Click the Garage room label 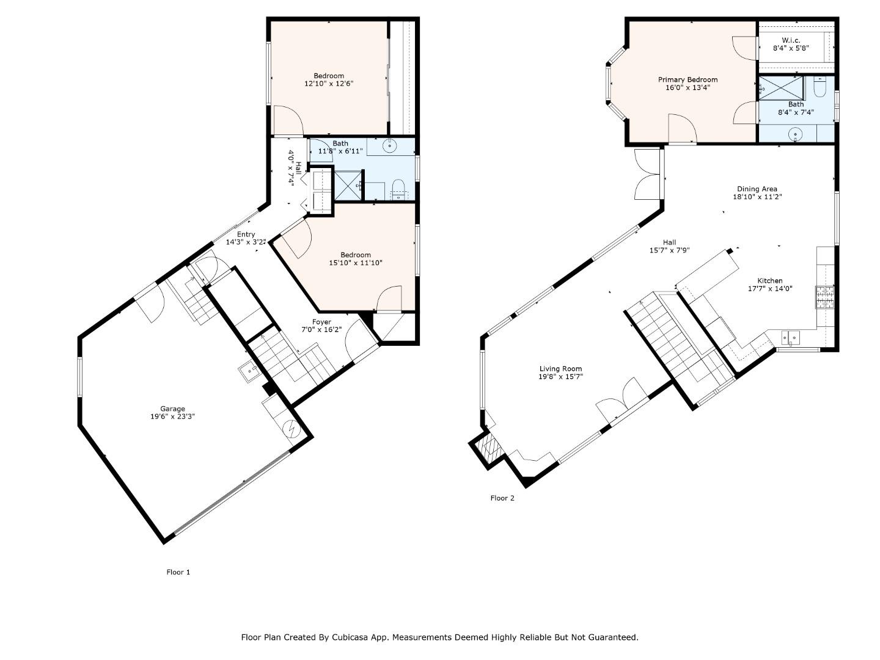(172, 409)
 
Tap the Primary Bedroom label (687, 79)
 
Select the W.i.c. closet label (791, 40)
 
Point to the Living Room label (560, 369)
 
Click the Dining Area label (757, 189)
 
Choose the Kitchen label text (770, 280)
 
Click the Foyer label (321, 322)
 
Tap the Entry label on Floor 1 (246, 234)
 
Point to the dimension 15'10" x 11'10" (356, 263)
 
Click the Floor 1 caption (178, 572)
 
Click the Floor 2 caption (502, 498)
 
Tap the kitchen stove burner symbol (824, 297)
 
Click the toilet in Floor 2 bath (820, 90)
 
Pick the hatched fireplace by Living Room (488, 448)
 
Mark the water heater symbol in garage (291, 430)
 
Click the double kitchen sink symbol (790, 336)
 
